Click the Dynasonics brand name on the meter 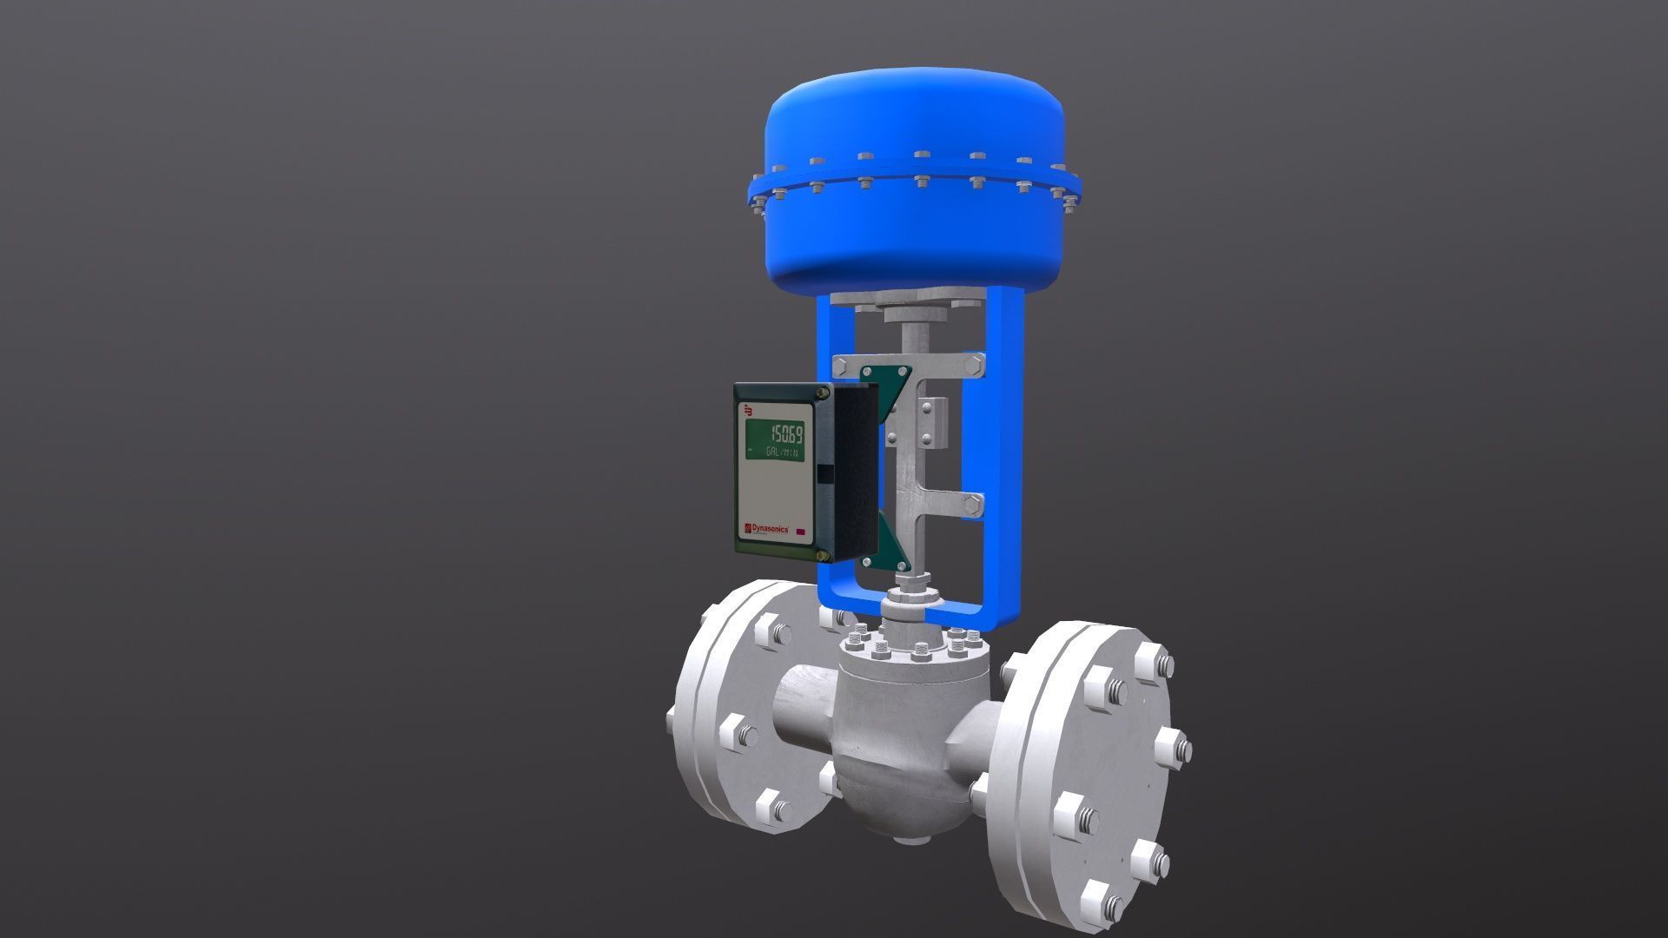[767, 528]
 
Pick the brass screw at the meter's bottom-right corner [822, 554]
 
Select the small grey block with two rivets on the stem [931, 421]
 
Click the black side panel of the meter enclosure [853, 473]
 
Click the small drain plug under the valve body [908, 839]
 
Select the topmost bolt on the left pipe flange [770, 631]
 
